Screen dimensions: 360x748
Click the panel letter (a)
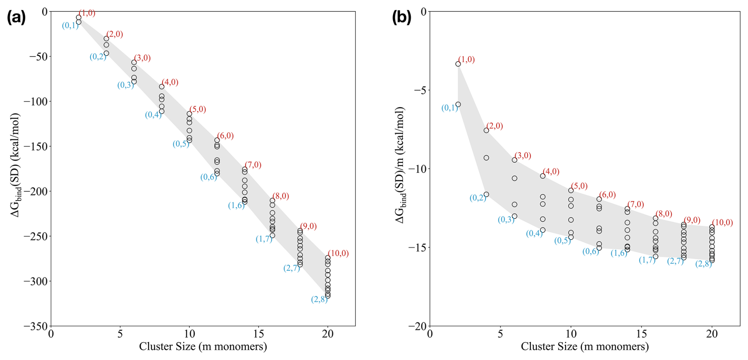click(16, 18)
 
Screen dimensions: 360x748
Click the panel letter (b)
click(401, 18)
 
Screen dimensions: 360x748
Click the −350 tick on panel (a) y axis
click(36, 326)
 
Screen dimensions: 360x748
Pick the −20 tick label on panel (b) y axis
click(417, 326)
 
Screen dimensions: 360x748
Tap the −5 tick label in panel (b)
click(420, 90)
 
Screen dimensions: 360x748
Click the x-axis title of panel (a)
click(203, 347)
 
